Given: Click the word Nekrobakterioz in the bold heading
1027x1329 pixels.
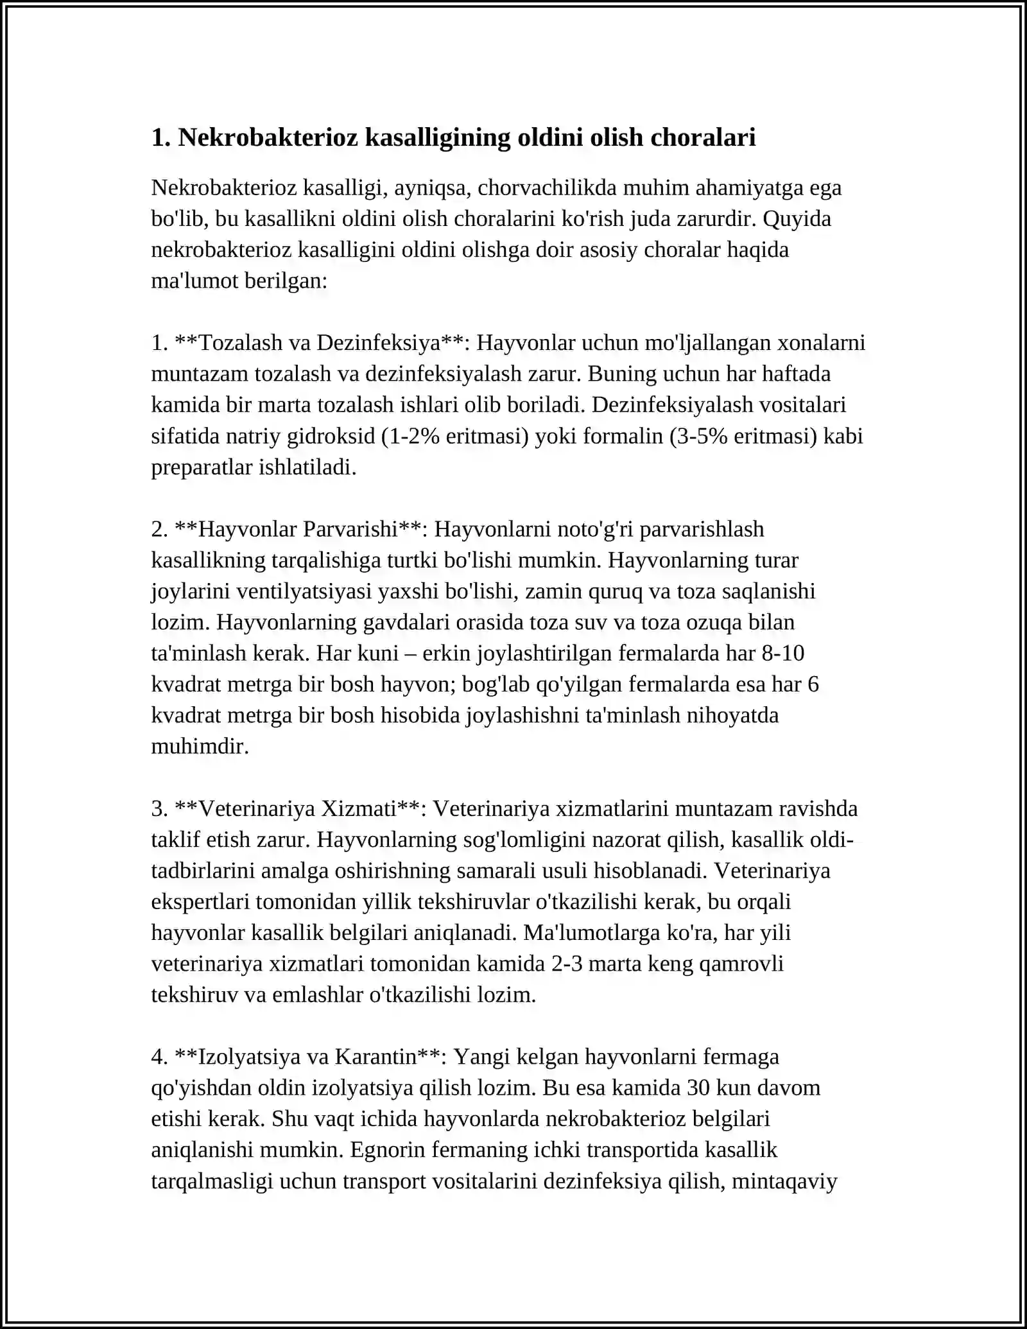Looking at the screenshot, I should (x=267, y=137).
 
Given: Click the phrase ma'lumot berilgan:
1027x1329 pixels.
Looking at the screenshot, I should (x=239, y=281).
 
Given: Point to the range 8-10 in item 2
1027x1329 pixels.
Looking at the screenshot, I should (x=782, y=654).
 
